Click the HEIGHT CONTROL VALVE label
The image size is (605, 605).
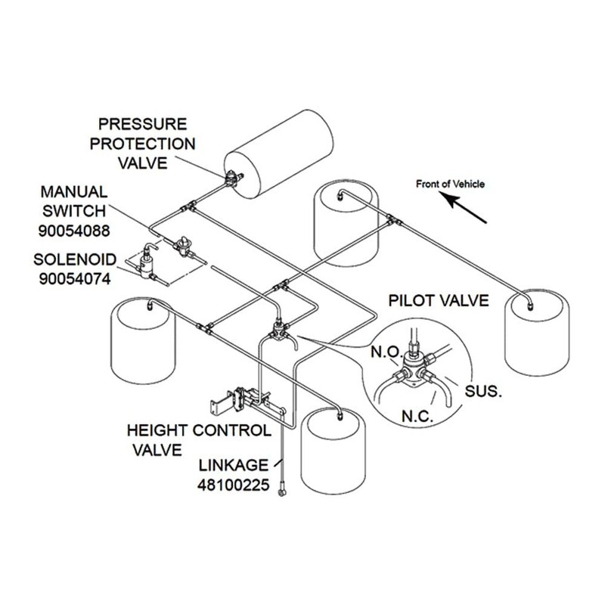point(198,440)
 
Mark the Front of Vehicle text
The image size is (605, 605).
point(451,183)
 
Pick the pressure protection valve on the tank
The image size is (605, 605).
point(231,180)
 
